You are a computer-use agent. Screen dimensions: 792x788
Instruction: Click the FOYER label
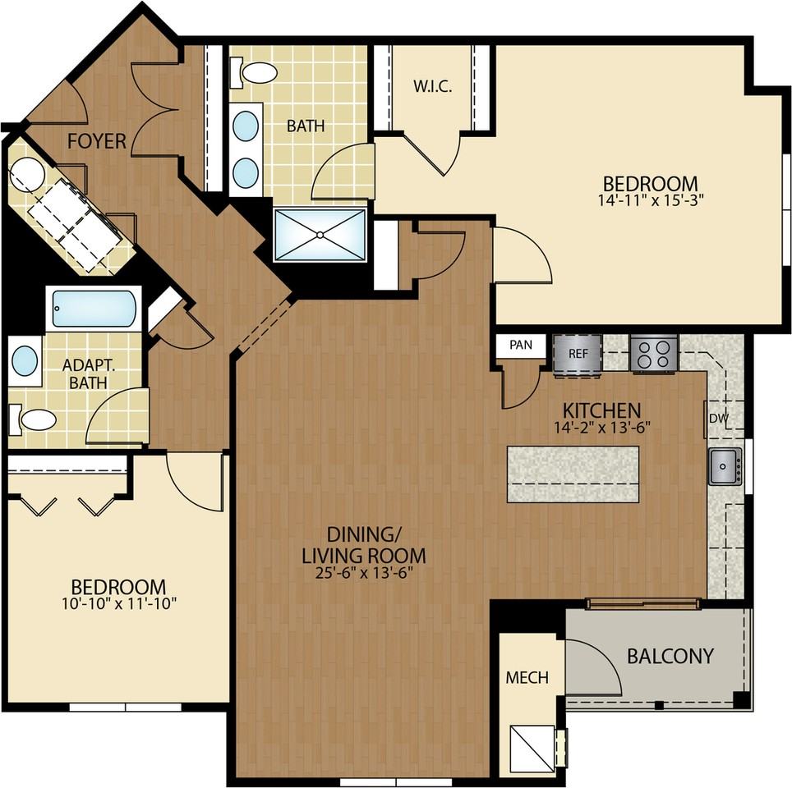(96, 141)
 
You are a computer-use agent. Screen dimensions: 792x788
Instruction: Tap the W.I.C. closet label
(432, 86)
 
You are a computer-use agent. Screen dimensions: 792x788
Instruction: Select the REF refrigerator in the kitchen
(578, 354)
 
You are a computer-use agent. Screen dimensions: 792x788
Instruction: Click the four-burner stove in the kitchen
(654, 354)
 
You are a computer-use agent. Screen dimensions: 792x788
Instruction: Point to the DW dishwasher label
(719, 418)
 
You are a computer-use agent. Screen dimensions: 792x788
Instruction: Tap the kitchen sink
(725, 466)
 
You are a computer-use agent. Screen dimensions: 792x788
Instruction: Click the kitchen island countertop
(573, 474)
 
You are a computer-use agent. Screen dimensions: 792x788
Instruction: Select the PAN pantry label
(521, 345)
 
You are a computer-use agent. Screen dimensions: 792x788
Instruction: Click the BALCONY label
(670, 656)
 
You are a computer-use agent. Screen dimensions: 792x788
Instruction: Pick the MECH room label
(527, 677)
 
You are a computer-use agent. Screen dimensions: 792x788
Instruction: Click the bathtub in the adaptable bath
(94, 309)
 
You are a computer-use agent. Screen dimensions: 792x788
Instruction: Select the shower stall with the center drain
(320, 235)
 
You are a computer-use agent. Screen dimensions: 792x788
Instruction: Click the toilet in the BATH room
(254, 72)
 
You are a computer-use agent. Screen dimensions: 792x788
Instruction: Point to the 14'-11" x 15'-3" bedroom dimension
(651, 200)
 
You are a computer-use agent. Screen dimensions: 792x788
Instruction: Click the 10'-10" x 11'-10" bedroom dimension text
(119, 603)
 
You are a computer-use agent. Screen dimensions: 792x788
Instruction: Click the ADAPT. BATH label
(89, 373)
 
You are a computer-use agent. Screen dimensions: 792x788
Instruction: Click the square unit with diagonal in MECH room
(532, 749)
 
